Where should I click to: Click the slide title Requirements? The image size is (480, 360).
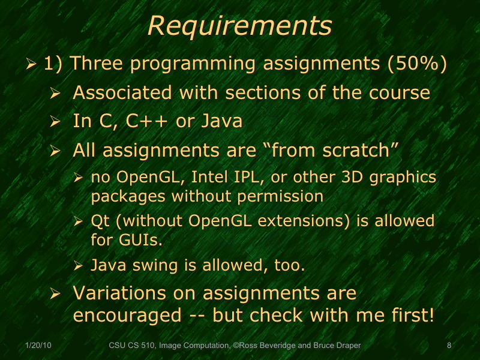pyautogui.click(x=239, y=26)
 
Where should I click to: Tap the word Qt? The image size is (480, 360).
pyautogui.click(x=99, y=221)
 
